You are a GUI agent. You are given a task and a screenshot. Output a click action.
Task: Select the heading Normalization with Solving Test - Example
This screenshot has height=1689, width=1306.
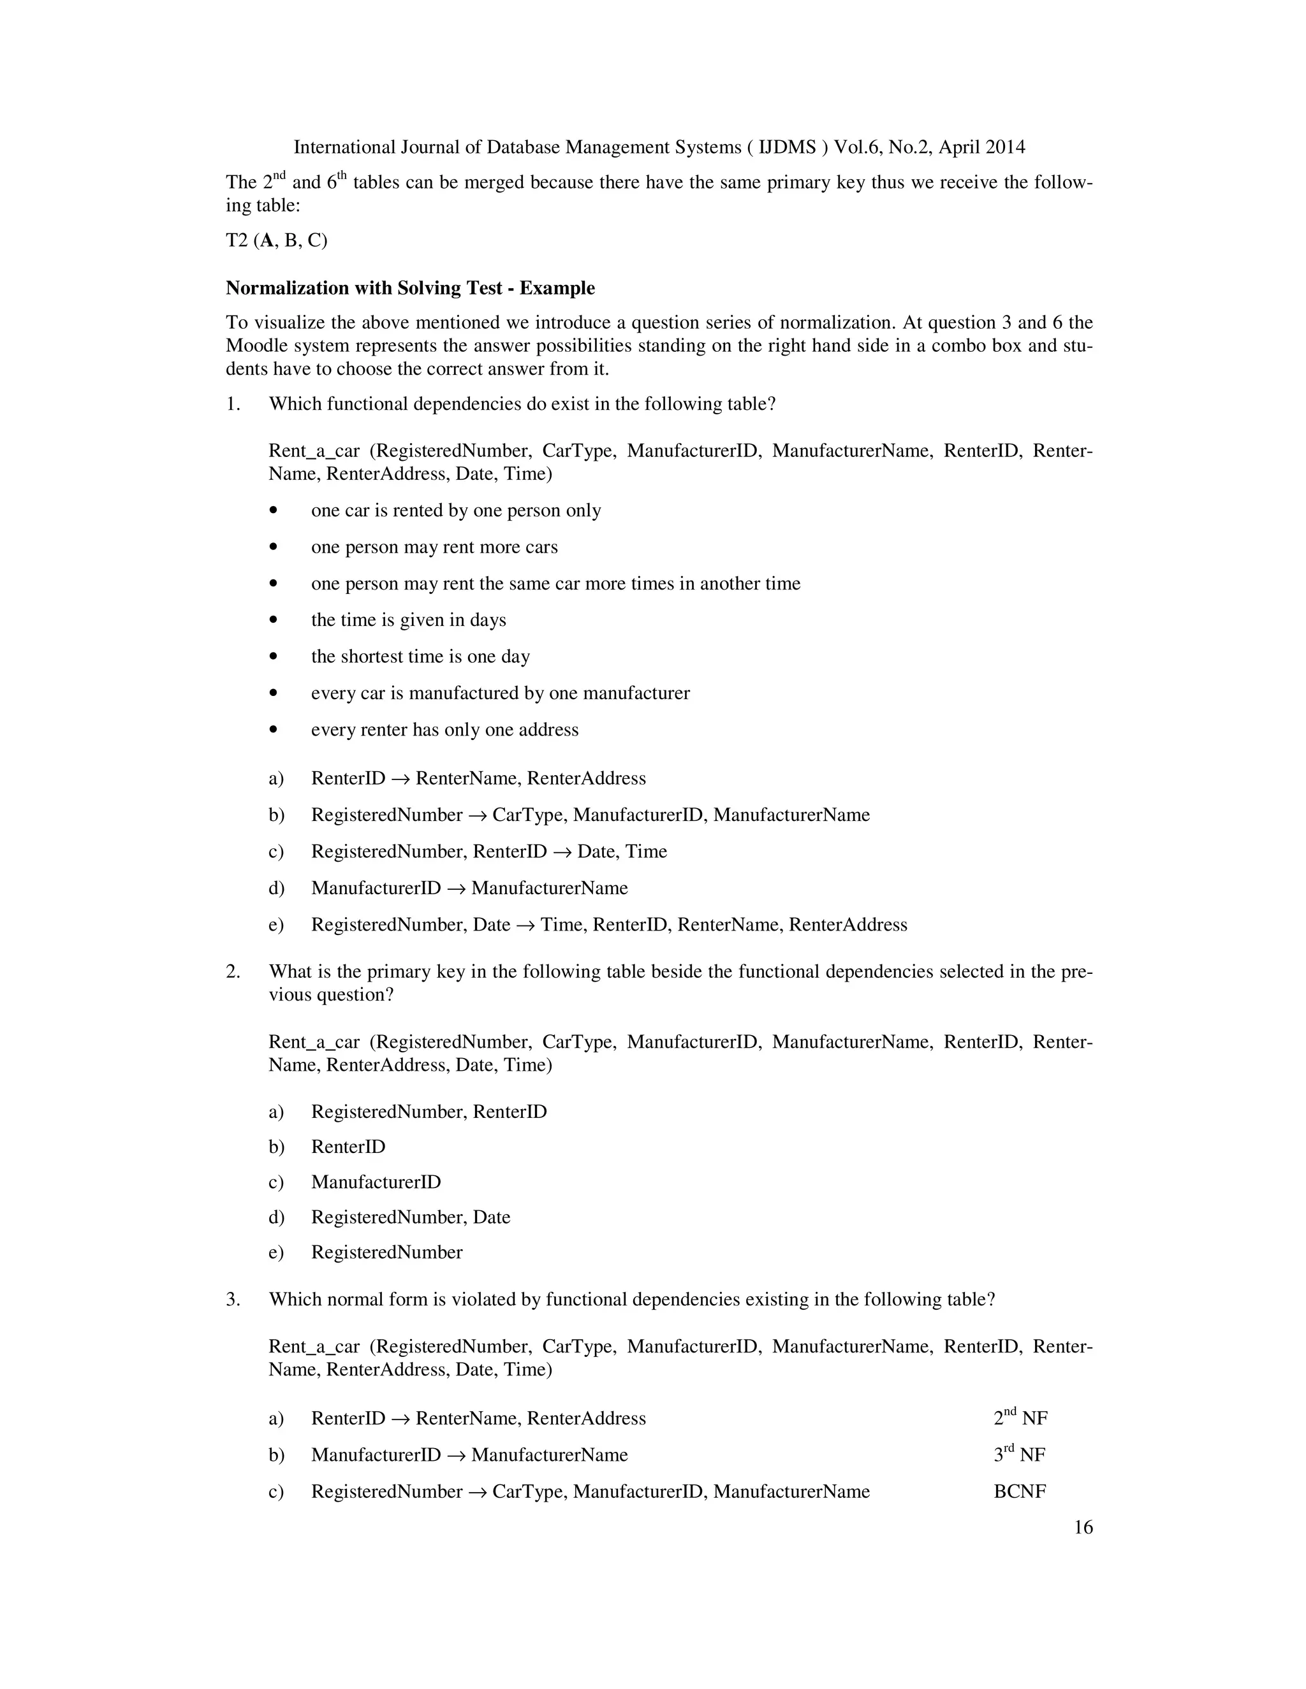[x=410, y=289]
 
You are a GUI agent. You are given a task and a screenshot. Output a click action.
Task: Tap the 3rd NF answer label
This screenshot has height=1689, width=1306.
[x=1019, y=1454]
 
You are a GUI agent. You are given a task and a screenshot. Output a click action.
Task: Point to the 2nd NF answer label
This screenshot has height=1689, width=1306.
[x=1020, y=1418]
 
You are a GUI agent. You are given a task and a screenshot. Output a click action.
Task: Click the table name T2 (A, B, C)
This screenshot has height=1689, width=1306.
[x=276, y=240]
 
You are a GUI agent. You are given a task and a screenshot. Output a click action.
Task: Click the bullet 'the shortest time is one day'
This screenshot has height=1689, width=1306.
[x=420, y=656]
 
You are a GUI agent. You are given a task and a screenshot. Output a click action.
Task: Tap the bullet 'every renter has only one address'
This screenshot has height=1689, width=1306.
[x=444, y=730]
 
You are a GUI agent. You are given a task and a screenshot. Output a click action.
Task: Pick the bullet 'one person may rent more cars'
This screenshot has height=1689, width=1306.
[x=434, y=547]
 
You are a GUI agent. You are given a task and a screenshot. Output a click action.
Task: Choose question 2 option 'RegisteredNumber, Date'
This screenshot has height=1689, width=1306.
[x=410, y=1217]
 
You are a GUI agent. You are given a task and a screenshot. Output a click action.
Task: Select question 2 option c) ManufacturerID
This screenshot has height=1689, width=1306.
[x=376, y=1182]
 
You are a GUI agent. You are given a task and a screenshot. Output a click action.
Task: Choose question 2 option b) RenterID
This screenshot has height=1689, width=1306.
[x=348, y=1147]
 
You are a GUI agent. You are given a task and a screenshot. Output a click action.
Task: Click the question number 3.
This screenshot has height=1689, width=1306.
[x=233, y=1299]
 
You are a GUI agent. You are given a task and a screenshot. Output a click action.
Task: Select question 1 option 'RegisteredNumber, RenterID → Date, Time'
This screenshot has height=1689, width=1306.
[x=488, y=852]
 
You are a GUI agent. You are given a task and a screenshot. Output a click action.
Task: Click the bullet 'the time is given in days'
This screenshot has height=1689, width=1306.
[x=409, y=620]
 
